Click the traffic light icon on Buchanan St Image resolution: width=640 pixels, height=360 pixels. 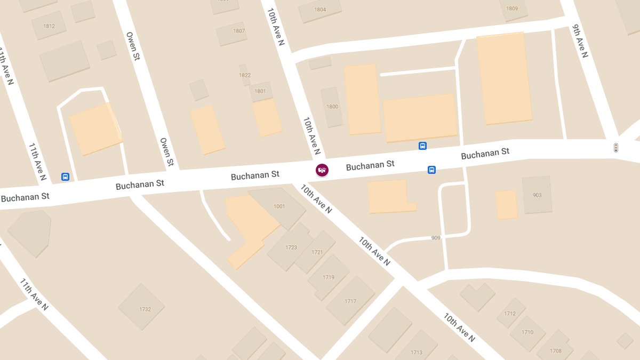[615, 148]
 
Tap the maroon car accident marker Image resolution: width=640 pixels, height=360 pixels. [322, 170]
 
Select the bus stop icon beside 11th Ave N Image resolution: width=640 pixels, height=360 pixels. [65, 177]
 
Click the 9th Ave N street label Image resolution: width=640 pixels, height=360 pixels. [580, 41]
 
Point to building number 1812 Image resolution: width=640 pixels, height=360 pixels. [49, 26]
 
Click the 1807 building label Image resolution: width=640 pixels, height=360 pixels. [239, 31]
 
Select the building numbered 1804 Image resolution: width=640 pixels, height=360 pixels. [320, 10]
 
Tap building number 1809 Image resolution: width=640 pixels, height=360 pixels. [512, 9]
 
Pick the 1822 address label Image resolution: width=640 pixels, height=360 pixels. [245, 75]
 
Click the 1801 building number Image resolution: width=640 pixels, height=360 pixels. [260, 91]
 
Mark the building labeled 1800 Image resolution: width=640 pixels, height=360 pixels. [332, 107]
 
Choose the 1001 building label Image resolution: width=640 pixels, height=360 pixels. [279, 206]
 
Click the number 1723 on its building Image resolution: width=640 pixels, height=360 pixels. [291, 247]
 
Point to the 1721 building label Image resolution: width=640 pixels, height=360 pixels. [317, 252]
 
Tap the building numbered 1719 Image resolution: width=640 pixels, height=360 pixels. [329, 277]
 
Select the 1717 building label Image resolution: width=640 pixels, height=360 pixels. [350, 301]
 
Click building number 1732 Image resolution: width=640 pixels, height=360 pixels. [145, 309]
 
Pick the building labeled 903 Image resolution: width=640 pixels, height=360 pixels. [537, 195]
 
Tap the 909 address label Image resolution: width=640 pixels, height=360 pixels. [436, 238]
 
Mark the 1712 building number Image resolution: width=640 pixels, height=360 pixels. [510, 314]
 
